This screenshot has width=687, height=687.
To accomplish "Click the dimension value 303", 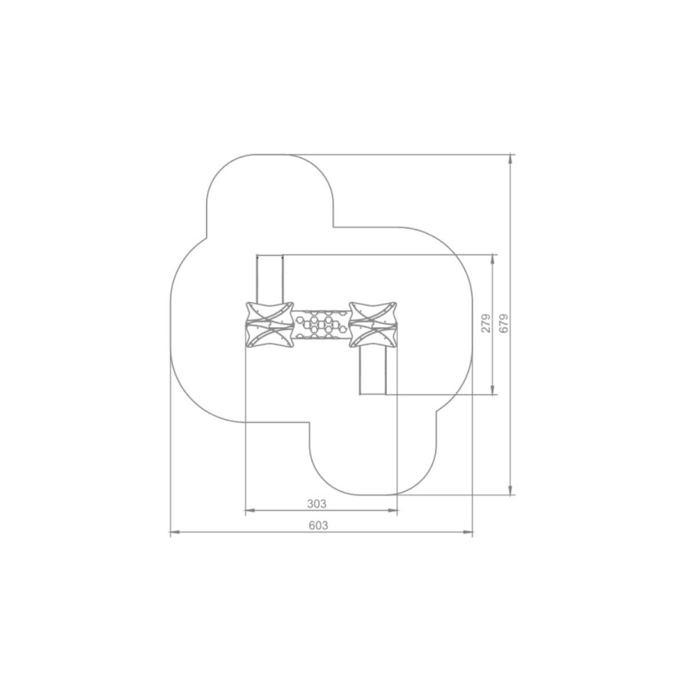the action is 316,504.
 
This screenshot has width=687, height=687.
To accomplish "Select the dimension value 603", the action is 318,525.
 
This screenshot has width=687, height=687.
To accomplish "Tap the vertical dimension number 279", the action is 486,324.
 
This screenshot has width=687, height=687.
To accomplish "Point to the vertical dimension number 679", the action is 504,324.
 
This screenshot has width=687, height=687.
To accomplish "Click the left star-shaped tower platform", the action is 269,325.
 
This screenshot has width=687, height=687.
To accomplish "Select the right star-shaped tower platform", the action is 373,324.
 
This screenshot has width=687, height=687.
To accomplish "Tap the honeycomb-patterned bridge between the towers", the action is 321,324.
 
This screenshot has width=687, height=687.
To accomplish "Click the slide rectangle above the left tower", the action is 269,279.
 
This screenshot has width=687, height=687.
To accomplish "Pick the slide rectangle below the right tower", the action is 373,370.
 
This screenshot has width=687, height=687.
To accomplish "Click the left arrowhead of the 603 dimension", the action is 174,532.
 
